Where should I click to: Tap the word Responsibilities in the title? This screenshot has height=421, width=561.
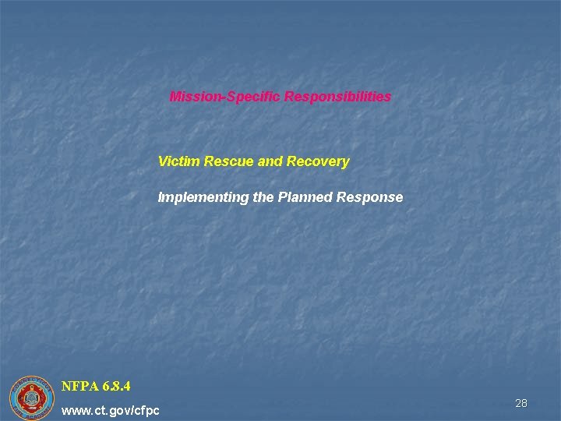tap(337, 97)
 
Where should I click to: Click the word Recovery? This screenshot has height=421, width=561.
tap(318, 162)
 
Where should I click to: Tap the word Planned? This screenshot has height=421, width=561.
tap(305, 197)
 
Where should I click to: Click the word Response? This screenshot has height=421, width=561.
tap(370, 197)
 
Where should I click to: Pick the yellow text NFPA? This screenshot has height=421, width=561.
tap(79, 386)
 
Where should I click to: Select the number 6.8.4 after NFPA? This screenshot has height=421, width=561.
tap(115, 386)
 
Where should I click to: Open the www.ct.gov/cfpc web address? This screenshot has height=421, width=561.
tap(110, 410)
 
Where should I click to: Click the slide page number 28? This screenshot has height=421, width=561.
tap(521, 403)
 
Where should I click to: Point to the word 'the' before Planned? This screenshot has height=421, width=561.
tap(263, 197)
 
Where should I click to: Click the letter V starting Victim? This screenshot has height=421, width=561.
tap(162, 162)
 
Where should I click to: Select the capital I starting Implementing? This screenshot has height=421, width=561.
tap(160, 197)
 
